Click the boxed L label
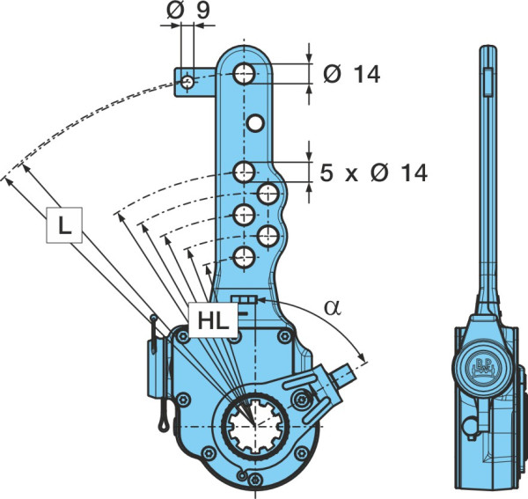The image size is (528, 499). [64, 225]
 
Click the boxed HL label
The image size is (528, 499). [213, 320]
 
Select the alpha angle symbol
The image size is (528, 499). [333, 308]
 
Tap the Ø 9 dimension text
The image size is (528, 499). [188, 10]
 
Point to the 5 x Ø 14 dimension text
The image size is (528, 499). [373, 172]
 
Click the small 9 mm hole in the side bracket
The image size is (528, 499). [187, 82]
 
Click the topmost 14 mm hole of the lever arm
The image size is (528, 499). [245, 73]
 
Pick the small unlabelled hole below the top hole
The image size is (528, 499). [255, 123]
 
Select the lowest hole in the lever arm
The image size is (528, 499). [244, 258]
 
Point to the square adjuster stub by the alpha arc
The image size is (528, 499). [342, 374]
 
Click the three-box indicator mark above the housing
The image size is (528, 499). [245, 299]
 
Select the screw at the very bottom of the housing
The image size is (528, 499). [255, 480]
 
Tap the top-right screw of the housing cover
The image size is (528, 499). [285, 336]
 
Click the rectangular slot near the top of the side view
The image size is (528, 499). [488, 82]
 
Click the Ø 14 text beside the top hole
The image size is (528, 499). [351, 75]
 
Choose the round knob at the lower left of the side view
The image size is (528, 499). [471, 426]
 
